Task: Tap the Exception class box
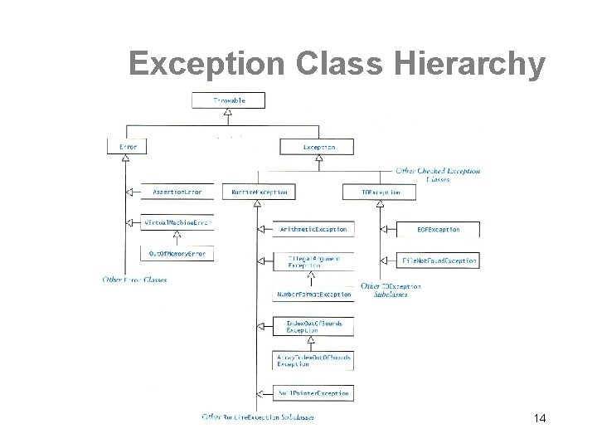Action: click(x=318, y=147)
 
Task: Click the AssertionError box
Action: click(x=177, y=192)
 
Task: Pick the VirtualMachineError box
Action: click(x=177, y=223)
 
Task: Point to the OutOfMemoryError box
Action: click(x=177, y=253)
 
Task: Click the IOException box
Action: click(x=381, y=192)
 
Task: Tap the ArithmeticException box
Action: click(x=313, y=228)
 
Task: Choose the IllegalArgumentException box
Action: click(x=313, y=261)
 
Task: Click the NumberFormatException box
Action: click(x=313, y=295)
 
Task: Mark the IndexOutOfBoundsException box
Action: click(x=313, y=326)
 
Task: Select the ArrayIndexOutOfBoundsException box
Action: click(x=313, y=360)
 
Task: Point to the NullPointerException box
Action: click(x=313, y=392)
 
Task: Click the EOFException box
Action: click(x=438, y=229)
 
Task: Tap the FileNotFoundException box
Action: click(x=438, y=261)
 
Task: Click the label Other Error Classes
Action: click(x=134, y=280)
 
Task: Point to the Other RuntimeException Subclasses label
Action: click(x=254, y=416)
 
